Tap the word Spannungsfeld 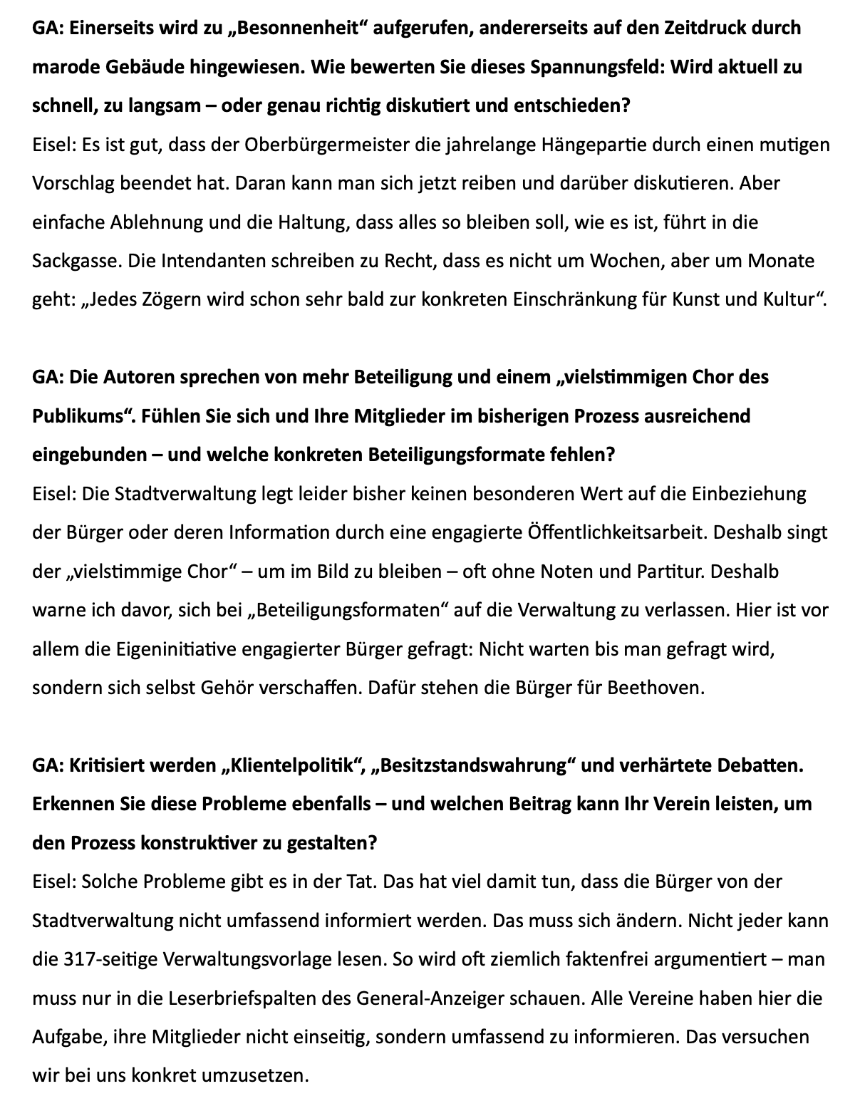[x=596, y=68]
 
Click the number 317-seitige [x=111, y=960]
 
